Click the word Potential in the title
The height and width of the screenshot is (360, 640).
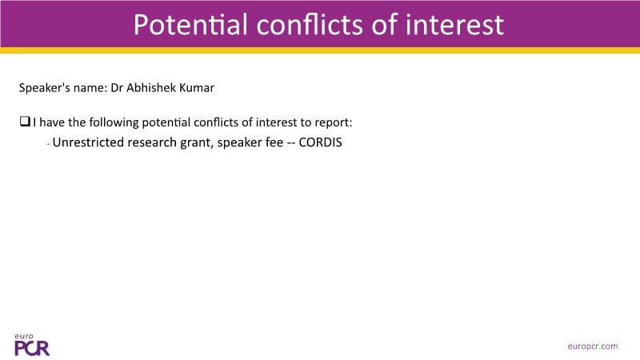pyautogui.click(x=190, y=25)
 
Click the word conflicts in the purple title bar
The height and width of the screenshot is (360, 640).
pyautogui.click(x=310, y=25)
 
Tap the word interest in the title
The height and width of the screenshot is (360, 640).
pyautogui.click(x=454, y=25)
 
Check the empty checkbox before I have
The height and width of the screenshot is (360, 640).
pyautogui.click(x=25, y=122)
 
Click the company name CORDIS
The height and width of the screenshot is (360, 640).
pyautogui.click(x=321, y=142)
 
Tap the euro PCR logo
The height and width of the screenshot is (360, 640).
pyautogui.click(x=32, y=346)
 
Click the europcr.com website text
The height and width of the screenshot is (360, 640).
pyautogui.click(x=593, y=346)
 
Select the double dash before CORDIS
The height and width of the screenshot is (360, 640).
pyautogui.click(x=291, y=143)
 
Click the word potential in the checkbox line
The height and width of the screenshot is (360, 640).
pyautogui.click(x=166, y=123)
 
